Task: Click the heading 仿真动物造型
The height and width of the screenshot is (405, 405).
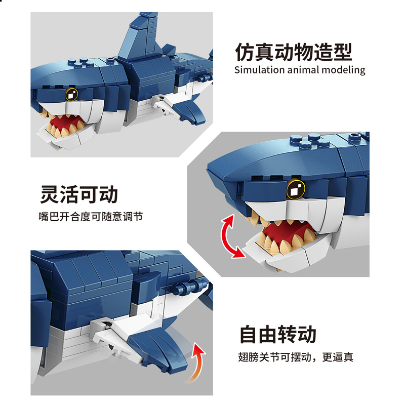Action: click(x=294, y=52)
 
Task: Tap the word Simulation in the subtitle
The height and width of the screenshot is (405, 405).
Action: click(x=259, y=70)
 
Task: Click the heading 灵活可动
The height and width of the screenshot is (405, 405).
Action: click(x=79, y=194)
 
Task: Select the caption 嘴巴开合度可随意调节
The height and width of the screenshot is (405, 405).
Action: click(x=91, y=217)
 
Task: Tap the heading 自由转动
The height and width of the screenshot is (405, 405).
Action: click(x=278, y=334)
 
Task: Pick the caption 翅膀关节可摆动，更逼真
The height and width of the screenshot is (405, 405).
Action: click(x=296, y=357)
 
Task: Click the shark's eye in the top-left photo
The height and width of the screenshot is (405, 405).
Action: click(x=72, y=94)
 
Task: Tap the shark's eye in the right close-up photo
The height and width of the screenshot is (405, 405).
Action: click(x=296, y=189)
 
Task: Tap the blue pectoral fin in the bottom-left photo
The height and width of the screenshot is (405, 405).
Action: click(x=158, y=347)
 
